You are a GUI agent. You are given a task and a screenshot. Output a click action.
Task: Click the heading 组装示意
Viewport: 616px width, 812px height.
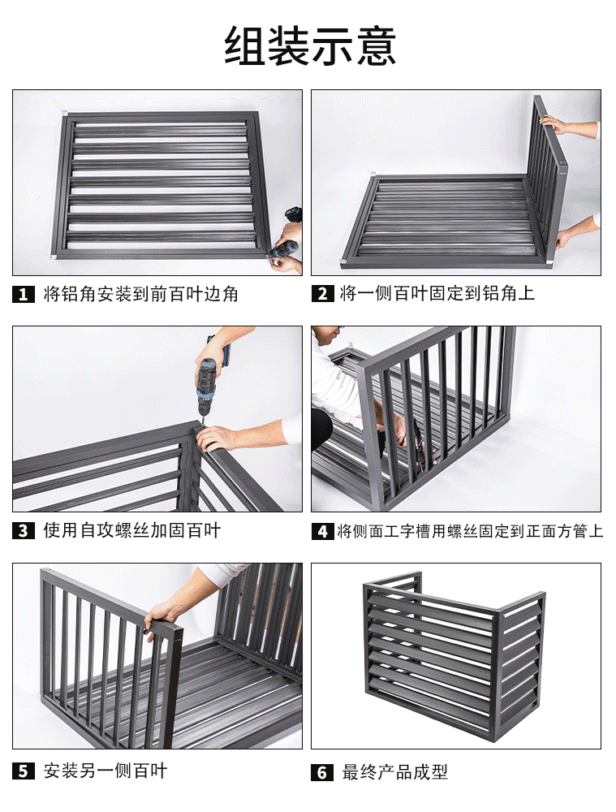[310, 45]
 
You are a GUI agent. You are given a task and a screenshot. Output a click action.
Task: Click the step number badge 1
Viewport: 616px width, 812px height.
[23, 294]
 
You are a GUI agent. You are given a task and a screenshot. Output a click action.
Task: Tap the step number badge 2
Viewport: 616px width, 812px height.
[323, 294]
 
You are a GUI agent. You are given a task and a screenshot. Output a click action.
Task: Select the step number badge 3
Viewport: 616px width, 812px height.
[23, 531]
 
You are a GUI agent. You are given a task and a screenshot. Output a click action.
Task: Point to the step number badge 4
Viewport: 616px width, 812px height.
[323, 532]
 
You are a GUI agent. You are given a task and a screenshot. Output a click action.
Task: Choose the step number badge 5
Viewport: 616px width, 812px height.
[23, 771]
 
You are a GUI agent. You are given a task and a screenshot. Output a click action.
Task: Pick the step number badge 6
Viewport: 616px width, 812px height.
[323, 772]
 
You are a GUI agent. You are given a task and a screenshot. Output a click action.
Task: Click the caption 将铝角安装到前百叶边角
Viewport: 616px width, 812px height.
[140, 294]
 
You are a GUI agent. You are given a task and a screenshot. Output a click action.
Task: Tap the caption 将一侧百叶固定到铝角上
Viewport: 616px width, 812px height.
[437, 294]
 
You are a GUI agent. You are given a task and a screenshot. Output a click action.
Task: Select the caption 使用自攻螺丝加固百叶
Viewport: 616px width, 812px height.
[131, 531]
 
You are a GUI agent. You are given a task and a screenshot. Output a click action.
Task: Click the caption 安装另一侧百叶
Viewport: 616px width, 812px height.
[106, 771]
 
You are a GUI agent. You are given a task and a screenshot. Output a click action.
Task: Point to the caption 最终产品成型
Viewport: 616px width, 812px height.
[395, 772]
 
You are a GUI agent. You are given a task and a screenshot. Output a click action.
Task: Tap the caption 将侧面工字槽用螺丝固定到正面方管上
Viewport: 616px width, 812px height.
[470, 532]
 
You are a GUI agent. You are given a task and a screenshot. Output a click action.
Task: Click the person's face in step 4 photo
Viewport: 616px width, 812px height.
[324, 335]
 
